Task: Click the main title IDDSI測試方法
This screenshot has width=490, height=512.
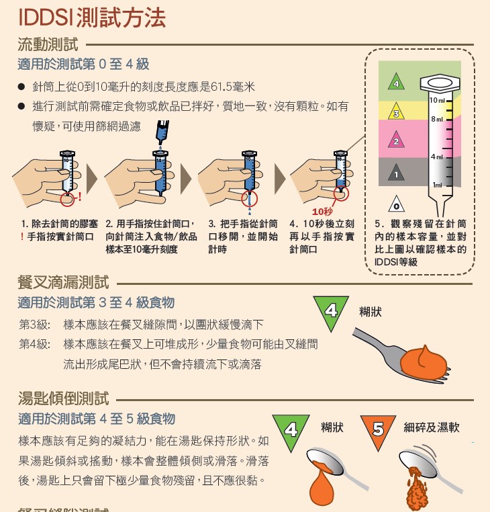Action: pos(92,18)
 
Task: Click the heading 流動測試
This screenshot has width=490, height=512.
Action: pos(48,46)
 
